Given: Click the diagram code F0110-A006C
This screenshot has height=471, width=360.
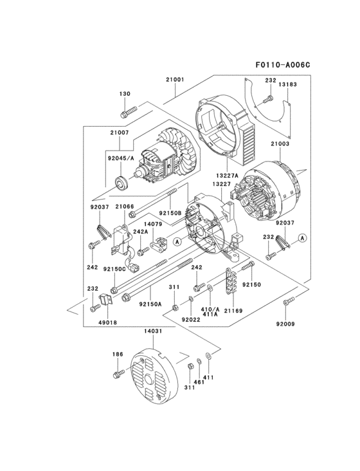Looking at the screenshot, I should [282, 64].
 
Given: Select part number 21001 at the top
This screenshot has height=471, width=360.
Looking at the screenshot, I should [175, 80].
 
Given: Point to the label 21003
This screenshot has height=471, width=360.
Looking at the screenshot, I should [281, 144].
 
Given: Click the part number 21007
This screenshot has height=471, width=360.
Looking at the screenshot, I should [120, 133].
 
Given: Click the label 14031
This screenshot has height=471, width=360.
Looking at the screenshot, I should [154, 331].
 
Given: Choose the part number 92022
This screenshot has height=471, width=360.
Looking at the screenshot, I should [191, 319].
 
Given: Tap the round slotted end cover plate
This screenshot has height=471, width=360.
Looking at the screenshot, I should [152, 376].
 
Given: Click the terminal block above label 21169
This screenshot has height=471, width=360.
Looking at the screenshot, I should [233, 280].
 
